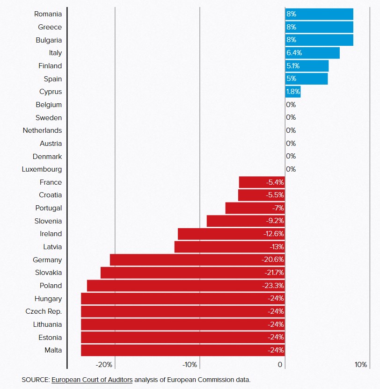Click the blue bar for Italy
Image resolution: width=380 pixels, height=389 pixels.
click(312, 53)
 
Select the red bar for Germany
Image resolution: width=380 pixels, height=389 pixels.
click(197, 259)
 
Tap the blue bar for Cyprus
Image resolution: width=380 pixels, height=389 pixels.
click(293, 92)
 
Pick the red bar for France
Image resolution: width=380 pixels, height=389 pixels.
click(261, 182)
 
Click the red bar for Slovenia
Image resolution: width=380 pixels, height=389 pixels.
click(245, 221)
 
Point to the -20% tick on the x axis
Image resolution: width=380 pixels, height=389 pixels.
click(104, 365)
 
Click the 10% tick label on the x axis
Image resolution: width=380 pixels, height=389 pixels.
click(361, 365)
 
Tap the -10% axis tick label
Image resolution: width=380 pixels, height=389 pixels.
click(190, 365)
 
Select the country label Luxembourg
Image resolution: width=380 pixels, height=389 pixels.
click(42, 169)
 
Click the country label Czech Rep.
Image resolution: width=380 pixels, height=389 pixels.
click(44, 311)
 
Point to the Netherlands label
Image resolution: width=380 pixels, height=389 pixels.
click(42, 130)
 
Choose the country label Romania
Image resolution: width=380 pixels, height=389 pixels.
click(48, 14)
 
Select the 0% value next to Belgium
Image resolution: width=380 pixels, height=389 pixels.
click(291, 105)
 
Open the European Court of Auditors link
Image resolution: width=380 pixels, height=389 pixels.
click(92, 379)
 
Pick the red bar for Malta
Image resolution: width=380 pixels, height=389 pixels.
click(183, 350)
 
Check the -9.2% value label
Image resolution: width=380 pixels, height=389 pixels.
click(275, 221)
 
